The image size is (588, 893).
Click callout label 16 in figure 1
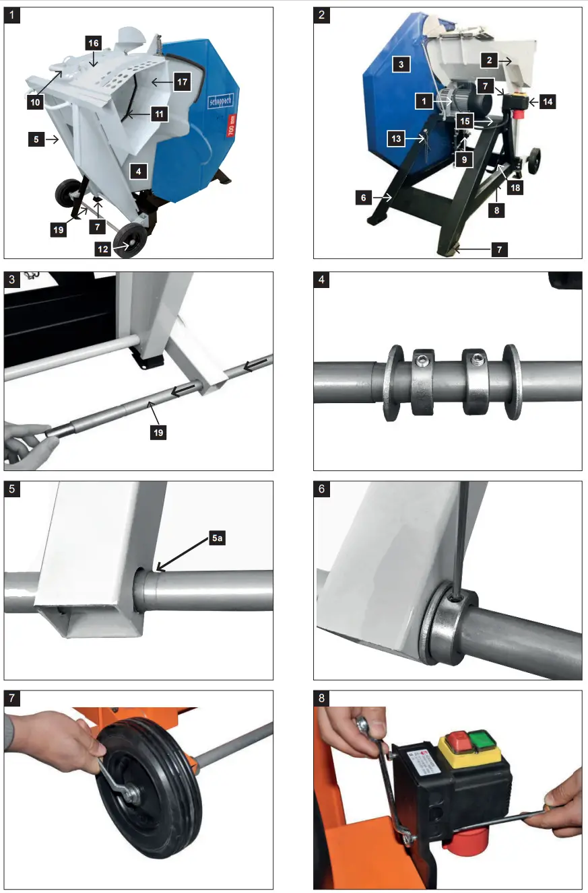(94, 42)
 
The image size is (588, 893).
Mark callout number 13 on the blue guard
(397, 138)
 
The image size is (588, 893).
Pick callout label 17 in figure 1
(181, 82)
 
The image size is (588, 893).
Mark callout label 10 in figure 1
(35, 102)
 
